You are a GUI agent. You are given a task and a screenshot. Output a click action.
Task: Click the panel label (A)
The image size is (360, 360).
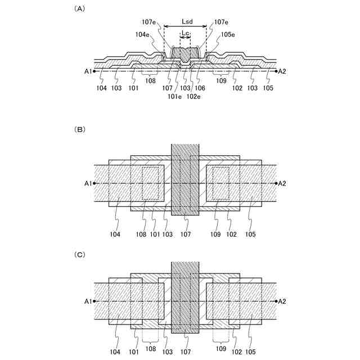tap(80, 9)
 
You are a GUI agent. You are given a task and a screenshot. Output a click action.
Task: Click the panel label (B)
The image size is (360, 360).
tap(80, 129)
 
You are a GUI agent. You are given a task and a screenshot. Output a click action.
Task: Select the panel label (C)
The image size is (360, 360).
tap(80, 254)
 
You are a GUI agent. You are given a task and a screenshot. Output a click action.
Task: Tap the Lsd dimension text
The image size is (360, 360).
tap(188, 22)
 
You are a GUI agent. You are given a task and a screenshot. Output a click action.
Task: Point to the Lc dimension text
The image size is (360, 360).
tap(185, 34)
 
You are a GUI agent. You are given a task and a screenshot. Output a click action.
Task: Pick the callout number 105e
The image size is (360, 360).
tap(227, 34)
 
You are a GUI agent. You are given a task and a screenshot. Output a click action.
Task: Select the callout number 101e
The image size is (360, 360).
tap(175, 96)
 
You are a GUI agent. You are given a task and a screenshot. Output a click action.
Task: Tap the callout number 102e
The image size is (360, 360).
tap(194, 96)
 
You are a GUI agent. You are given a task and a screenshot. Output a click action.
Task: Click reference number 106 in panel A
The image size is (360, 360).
tap(200, 88)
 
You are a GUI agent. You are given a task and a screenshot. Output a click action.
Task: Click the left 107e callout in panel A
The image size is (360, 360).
tap(149, 22)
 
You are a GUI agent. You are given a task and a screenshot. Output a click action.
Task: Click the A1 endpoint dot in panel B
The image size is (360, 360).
tap(94, 183)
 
